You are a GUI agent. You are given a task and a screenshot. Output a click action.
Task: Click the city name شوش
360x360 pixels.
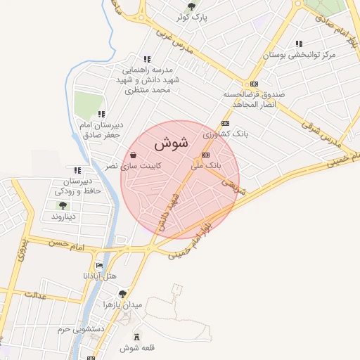(x=170, y=143)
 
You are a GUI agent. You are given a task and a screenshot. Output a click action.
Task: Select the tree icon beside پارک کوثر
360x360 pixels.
(x=191, y=6)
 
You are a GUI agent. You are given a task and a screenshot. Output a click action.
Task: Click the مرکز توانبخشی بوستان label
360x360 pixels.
(x=300, y=54)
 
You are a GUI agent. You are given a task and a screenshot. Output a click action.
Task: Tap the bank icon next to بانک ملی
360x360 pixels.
(x=206, y=155)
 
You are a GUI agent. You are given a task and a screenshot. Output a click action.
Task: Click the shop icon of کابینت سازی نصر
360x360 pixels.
(x=133, y=155)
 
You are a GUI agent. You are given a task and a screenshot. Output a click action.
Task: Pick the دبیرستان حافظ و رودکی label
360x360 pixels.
(x=78, y=186)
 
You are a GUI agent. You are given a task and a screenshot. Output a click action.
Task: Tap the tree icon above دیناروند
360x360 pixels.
(x=63, y=206)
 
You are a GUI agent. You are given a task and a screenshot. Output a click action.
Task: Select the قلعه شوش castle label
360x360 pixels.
(x=137, y=348)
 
